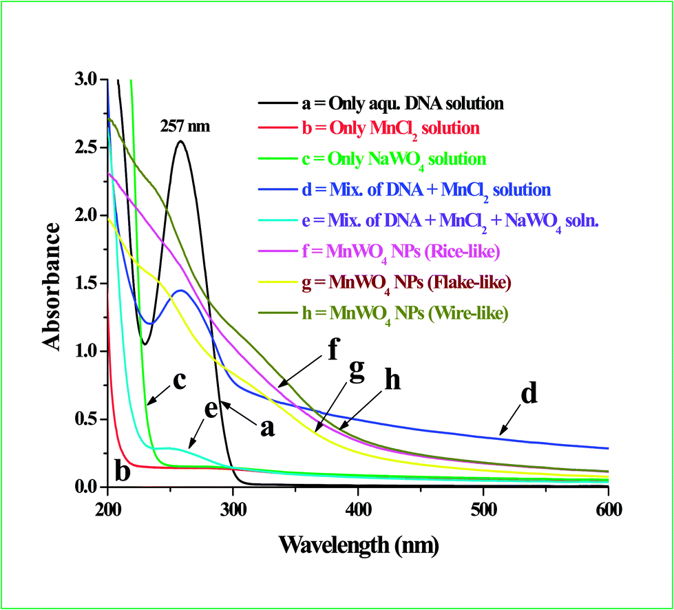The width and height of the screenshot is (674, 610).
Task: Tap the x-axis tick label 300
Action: tap(233, 509)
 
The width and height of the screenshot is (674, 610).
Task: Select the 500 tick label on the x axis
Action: tap(483, 509)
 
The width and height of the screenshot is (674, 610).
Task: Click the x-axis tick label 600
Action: tap(608, 509)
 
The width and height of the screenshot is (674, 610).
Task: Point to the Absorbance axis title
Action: tap(56, 283)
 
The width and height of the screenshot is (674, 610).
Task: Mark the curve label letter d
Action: tap(529, 394)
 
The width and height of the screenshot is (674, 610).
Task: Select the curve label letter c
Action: tap(179, 380)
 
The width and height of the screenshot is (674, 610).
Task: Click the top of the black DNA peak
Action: tap(180, 142)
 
